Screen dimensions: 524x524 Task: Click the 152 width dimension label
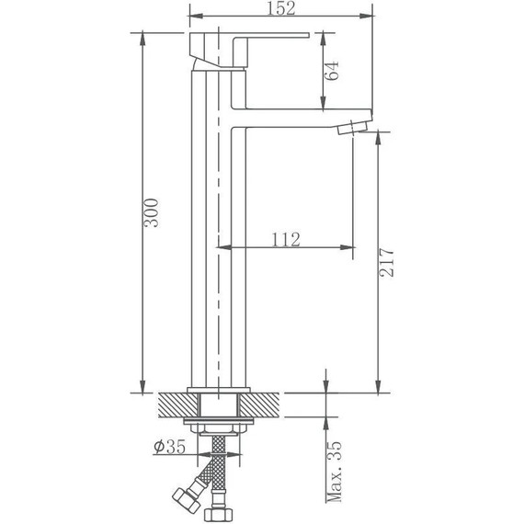(x=282, y=8)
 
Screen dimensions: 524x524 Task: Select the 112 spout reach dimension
(x=286, y=240)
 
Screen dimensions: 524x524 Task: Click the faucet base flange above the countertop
(x=219, y=389)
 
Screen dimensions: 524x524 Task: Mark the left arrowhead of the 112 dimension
(x=222, y=247)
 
